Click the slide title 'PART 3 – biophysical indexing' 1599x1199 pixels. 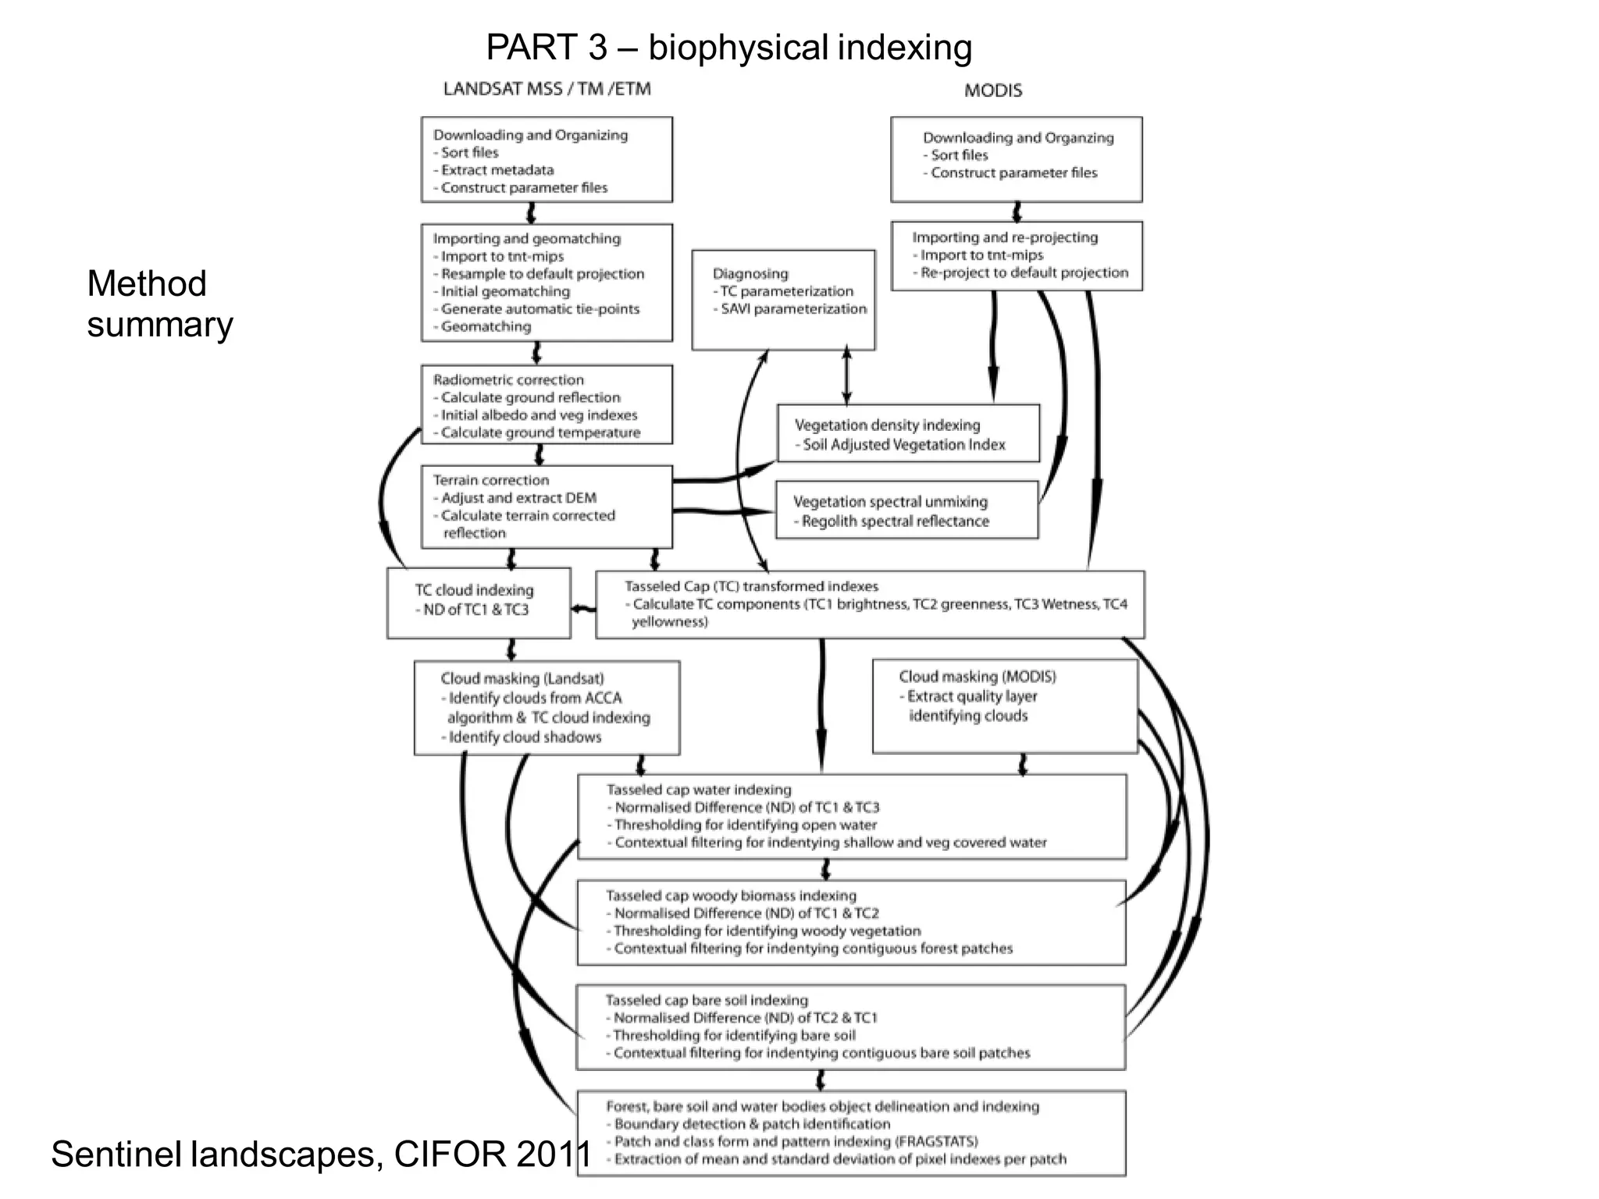(728, 48)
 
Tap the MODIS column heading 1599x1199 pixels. (992, 91)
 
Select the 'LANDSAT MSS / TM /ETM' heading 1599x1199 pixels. (547, 89)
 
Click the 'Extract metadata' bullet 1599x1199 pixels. (497, 170)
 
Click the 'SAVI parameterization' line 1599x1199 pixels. (793, 309)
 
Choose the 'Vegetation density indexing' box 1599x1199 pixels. (907, 434)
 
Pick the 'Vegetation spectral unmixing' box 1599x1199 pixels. (906, 511)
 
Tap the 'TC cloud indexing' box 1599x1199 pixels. (478, 602)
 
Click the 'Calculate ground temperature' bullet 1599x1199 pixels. (540, 432)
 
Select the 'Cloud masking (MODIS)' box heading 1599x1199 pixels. (977, 677)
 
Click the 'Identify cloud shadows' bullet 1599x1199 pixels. (525, 737)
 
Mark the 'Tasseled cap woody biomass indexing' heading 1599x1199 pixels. (731, 895)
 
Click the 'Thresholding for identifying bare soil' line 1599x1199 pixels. (734, 1035)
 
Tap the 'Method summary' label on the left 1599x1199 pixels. (158, 304)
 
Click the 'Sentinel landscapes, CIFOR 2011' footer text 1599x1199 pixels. (321, 1154)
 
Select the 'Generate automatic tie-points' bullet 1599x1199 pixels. (540, 309)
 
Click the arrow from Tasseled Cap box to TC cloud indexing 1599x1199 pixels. (582, 609)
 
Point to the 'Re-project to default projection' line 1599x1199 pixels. (1024, 272)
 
